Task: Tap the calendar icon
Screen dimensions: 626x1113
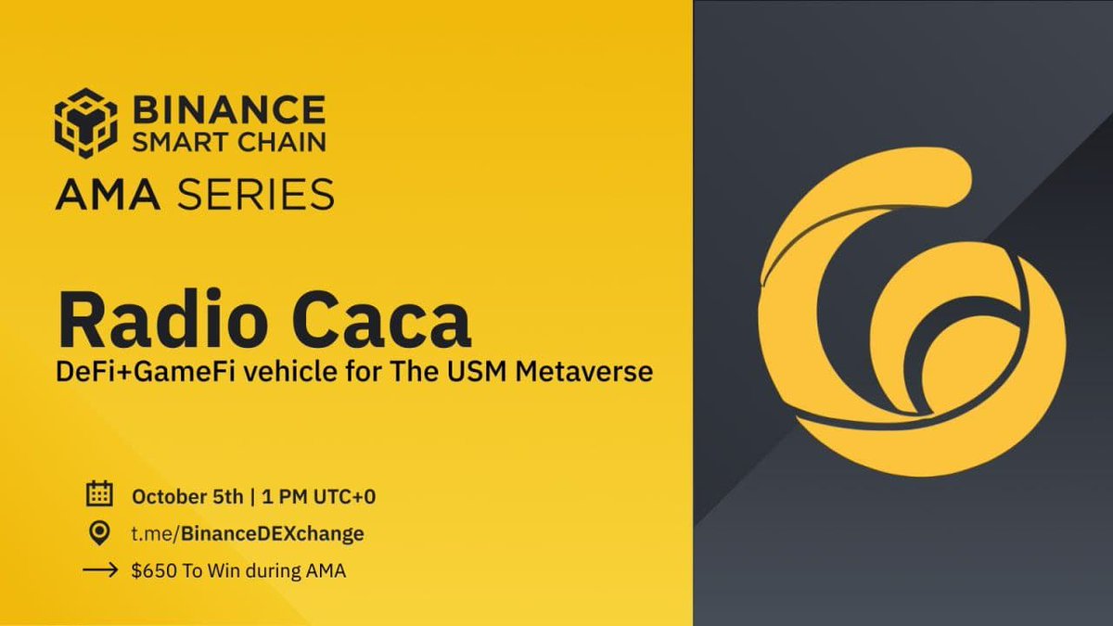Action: (97, 494)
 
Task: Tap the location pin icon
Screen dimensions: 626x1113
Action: (97, 532)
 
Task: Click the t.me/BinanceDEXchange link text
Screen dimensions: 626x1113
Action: (248, 533)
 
